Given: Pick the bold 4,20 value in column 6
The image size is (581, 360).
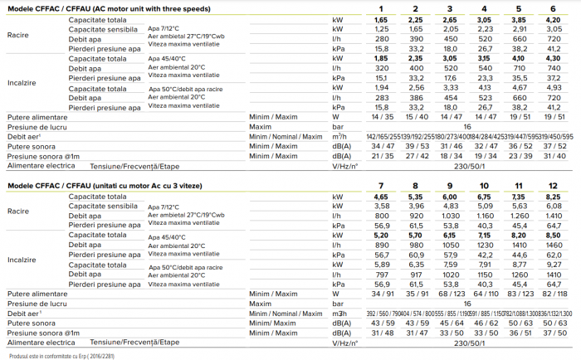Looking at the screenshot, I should (x=552, y=18).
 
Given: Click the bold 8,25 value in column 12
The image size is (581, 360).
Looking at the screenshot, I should (x=551, y=195).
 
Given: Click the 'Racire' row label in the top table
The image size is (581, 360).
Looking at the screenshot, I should (x=17, y=36).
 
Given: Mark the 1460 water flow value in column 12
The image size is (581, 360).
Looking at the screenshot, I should (x=551, y=246).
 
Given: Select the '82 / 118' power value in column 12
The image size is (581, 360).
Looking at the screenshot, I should (x=551, y=294).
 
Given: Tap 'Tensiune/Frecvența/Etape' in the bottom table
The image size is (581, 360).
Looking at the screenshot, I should (x=129, y=340).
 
